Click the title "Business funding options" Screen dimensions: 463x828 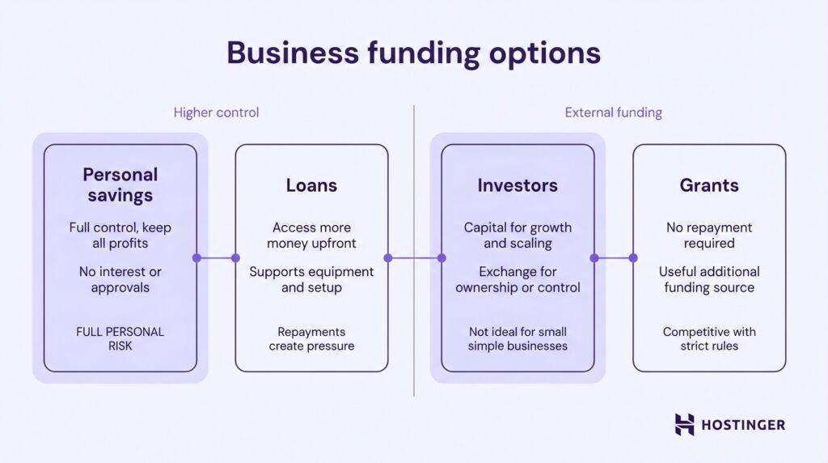coord(413,53)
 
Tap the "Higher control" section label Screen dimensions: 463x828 coord(216,113)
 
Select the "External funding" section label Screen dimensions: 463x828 coord(613,113)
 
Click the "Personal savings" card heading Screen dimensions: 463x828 coord(120,185)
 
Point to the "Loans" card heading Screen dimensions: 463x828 coord(311,185)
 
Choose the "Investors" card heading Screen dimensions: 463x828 coord(517,185)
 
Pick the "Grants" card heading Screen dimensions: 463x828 coord(709,185)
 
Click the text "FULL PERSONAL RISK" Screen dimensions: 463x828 coord(120,338)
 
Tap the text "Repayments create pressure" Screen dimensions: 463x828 coord(311,338)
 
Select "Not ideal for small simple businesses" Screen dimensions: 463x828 coord(517,338)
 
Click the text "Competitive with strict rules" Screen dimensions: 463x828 coord(709,338)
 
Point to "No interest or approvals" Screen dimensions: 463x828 coord(120,279)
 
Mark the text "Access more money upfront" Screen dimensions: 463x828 coord(311,236)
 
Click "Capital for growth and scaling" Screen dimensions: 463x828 coord(517,236)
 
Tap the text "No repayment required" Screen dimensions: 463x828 coord(709,236)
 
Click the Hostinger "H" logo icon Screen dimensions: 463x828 coord(684,424)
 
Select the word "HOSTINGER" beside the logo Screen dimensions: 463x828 coord(741,425)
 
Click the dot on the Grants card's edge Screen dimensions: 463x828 coord(633,258)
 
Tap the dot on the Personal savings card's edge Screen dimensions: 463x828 coord(196,258)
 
